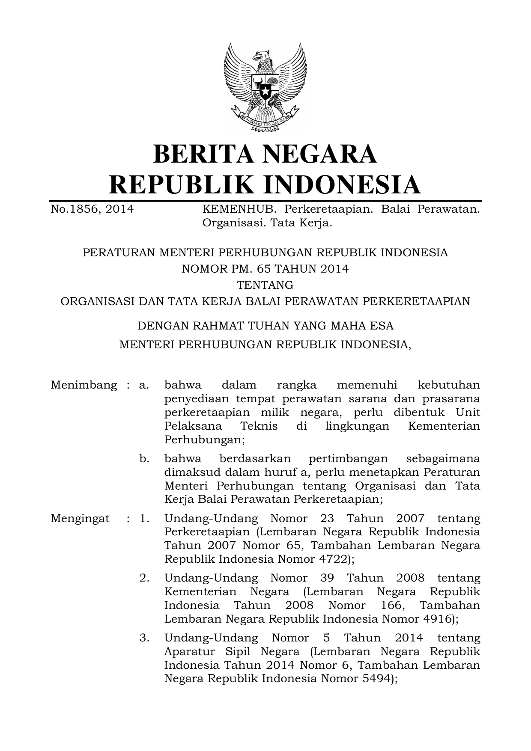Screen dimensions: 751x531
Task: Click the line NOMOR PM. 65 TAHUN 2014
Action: pos(265,269)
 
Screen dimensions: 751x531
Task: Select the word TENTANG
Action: pos(265,285)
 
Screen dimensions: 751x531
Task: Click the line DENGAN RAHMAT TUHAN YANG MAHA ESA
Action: pos(265,326)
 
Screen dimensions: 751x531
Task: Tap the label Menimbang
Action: pos(84,385)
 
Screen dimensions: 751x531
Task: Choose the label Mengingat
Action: pos(80,518)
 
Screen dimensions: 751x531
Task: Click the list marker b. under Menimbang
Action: pos(144,459)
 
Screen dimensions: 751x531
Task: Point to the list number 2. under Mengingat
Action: pos(144,578)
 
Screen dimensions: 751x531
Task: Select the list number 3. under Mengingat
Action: pos(144,638)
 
